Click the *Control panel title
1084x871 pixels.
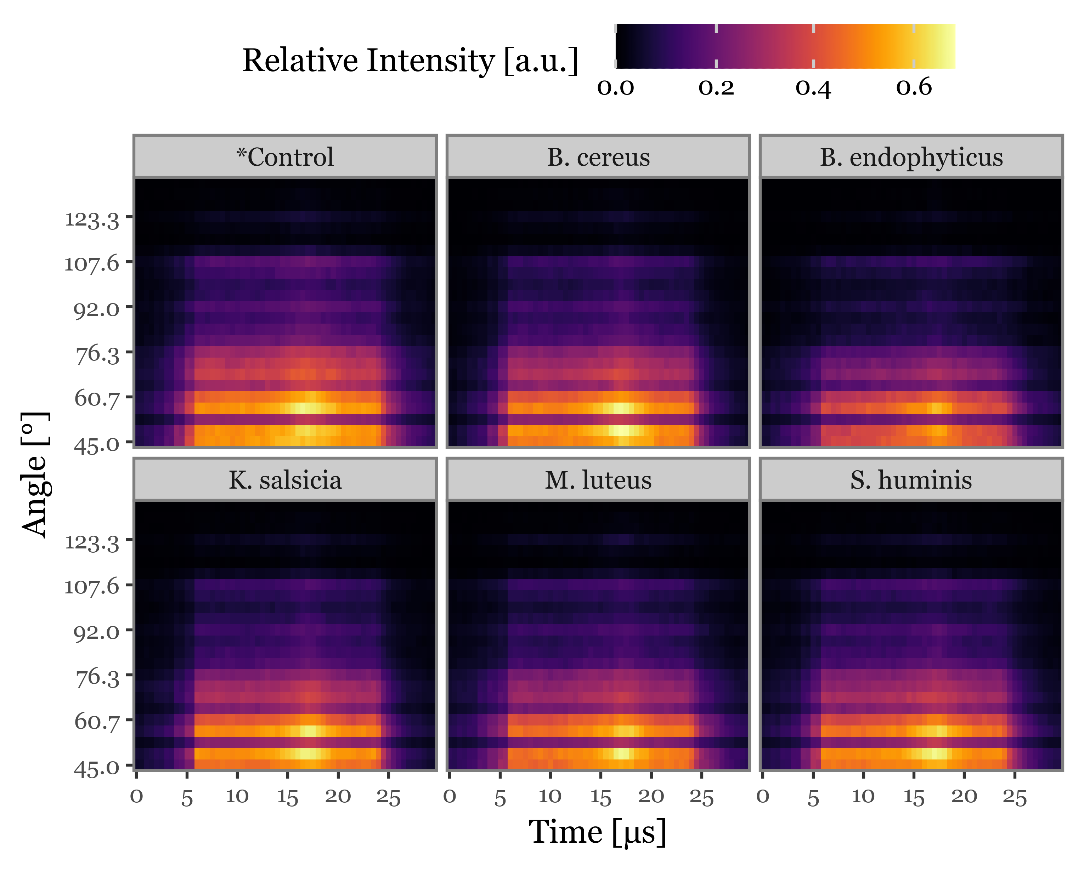(285, 157)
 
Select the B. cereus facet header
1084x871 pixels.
(598, 157)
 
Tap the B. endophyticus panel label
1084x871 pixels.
(911, 157)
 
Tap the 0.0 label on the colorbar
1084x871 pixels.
(615, 87)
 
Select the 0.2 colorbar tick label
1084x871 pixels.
(716, 87)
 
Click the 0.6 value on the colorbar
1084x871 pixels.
(914, 87)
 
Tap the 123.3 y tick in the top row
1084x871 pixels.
(92, 220)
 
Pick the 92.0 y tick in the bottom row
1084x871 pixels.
(96, 632)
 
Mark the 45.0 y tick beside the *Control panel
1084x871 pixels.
(96, 445)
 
